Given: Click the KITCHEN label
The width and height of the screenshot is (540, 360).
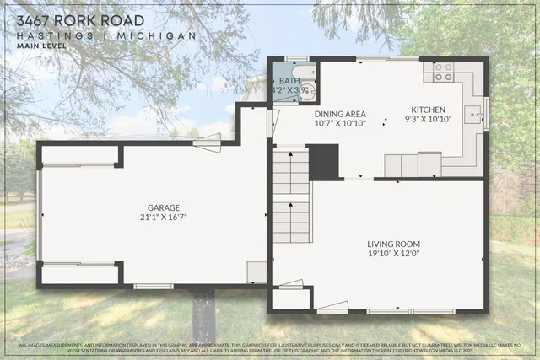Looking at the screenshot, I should click(429, 110).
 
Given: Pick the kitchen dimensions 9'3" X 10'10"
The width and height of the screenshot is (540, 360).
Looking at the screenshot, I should click(429, 120).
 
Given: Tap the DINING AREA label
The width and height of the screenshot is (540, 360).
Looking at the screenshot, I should click(340, 113).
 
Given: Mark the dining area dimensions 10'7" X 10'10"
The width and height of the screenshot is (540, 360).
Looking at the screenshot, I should click(340, 123).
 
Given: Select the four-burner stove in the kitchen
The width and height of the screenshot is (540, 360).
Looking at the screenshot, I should click(444, 72).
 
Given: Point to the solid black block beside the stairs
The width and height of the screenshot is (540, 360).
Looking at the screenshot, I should click(324, 161).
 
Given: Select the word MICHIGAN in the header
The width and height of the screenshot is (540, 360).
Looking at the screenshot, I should click(159, 35).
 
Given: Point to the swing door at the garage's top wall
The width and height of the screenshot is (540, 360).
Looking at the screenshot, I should click(207, 144).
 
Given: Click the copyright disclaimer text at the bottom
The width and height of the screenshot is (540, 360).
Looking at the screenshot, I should click(270, 348).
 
